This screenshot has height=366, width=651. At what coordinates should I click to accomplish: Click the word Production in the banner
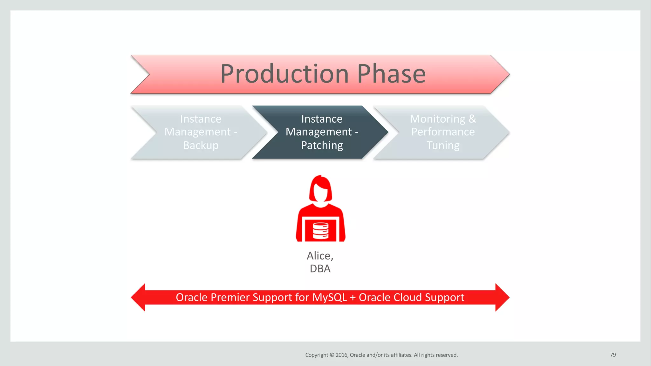284,74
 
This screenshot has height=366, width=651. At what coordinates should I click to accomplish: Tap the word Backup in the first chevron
201,145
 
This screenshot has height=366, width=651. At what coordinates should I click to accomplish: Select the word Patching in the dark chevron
322,145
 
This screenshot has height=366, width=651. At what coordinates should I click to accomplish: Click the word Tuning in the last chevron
443,145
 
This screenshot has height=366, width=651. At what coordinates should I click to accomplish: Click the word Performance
443,132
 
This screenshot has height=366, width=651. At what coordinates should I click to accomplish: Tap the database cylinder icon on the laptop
320,231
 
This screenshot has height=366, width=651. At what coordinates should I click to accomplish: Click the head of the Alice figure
320,190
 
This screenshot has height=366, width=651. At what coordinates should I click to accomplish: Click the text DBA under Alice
320,269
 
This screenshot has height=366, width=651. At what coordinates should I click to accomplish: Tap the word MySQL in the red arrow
329,297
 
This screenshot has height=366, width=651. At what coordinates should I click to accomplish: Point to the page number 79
613,355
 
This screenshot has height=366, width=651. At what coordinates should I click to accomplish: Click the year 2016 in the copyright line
342,355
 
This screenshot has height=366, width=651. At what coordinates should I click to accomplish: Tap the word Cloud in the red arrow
407,297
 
